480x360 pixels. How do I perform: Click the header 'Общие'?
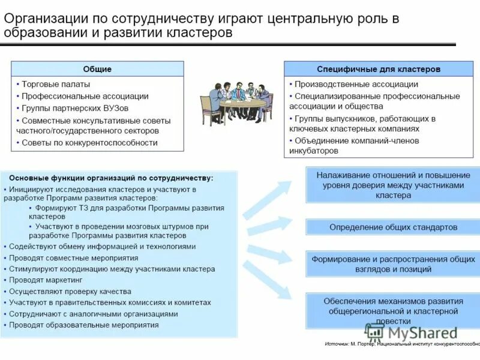point(97,69)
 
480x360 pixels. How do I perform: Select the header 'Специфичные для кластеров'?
point(379,69)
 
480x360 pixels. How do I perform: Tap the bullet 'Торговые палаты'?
point(56,85)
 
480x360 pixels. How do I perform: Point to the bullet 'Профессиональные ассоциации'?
point(85,96)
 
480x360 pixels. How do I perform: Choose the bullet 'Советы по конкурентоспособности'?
point(89,143)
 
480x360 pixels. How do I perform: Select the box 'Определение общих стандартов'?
point(393,227)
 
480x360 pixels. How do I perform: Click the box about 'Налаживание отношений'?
point(393,185)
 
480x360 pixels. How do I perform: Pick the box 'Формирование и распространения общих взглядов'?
point(393,265)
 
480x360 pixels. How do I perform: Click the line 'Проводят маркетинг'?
point(46,280)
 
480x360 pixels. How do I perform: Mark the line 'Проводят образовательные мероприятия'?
point(83,325)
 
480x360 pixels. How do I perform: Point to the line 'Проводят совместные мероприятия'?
point(73,258)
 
